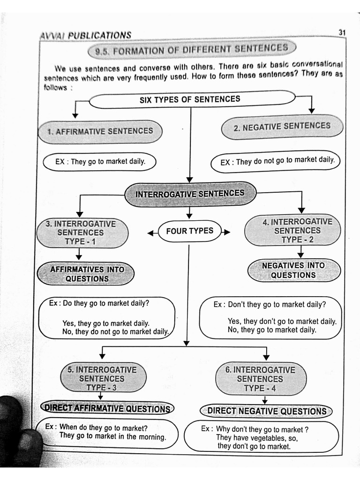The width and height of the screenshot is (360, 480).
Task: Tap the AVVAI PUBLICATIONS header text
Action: point(86,35)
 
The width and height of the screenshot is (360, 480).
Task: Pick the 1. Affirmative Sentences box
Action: point(100,131)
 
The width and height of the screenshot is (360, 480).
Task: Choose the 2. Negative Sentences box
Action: point(282,127)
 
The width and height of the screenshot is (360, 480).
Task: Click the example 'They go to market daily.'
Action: point(99,162)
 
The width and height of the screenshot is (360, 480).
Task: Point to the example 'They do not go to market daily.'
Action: point(277,161)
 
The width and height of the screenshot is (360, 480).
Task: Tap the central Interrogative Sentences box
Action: point(190,194)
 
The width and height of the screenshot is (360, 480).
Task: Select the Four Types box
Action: point(189,231)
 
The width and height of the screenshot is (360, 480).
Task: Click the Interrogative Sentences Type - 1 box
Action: point(81,232)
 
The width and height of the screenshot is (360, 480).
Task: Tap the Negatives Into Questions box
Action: point(293,270)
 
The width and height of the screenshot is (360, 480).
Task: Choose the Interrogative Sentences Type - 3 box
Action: point(102,378)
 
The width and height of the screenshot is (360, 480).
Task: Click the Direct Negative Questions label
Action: point(267,411)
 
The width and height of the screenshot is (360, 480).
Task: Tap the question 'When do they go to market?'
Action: point(103,427)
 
